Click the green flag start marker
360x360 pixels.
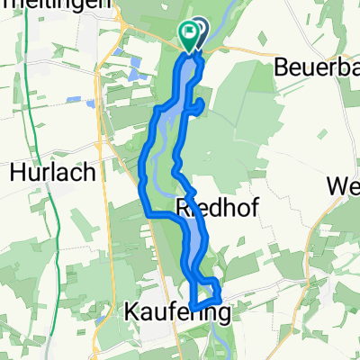pos(190,37)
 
